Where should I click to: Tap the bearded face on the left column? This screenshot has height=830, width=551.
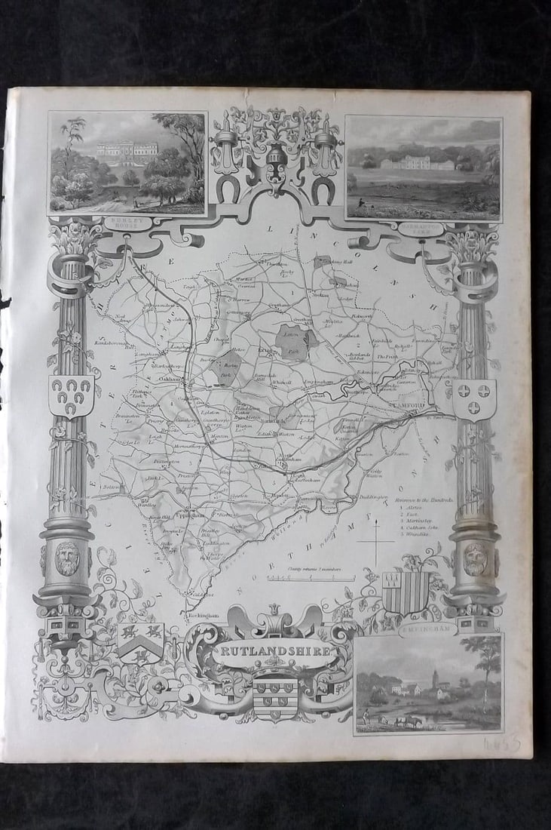click(x=67, y=558)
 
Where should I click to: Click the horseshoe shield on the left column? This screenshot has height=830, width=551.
click(x=71, y=394)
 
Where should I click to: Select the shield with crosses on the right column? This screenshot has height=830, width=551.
click(x=473, y=398)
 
